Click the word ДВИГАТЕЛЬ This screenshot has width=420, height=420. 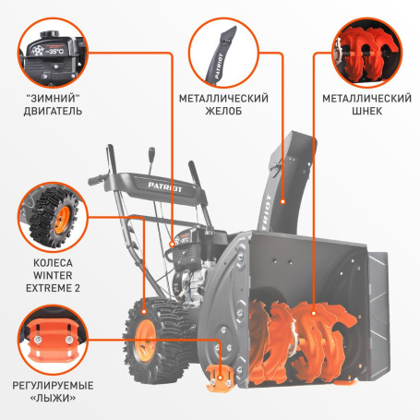[x=55, y=112]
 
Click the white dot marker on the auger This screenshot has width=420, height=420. [x=314, y=313]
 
